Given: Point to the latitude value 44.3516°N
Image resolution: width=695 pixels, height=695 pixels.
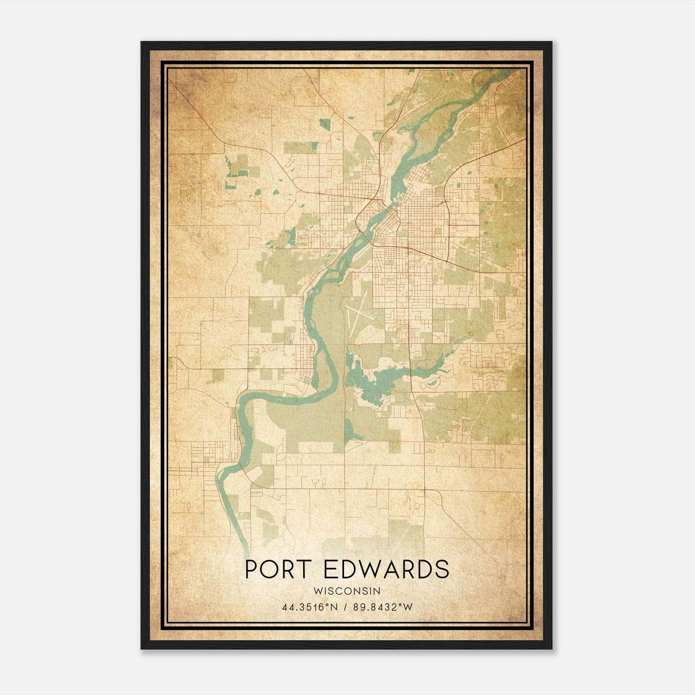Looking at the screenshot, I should [x=310, y=607].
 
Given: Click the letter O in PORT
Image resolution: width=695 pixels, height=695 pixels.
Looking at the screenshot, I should [x=271, y=569].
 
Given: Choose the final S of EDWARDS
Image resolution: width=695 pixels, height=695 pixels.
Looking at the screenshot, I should [x=442, y=569].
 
